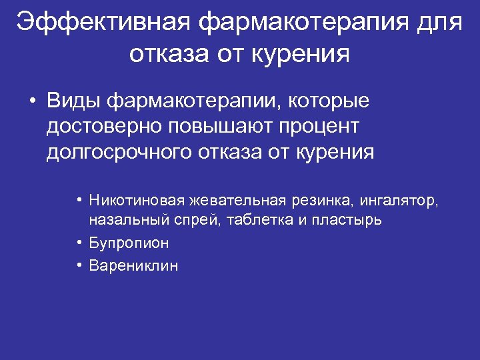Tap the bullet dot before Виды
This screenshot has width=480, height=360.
point(31,102)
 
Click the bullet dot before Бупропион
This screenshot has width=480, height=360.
point(79,243)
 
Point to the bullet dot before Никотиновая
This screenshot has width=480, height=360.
point(79,199)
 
